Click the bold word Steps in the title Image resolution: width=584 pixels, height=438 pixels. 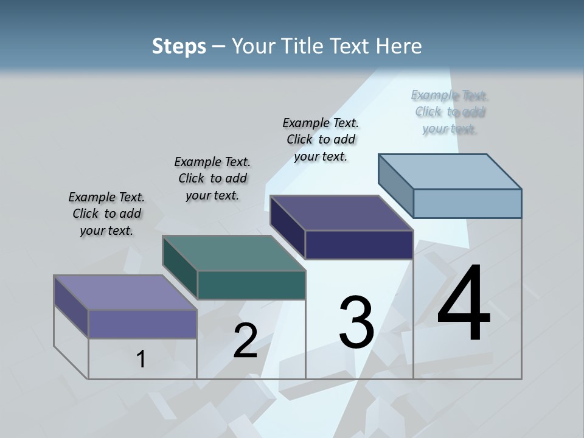click(x=178, y=46)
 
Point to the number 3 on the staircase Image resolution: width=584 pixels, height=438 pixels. click(x=356, y=322)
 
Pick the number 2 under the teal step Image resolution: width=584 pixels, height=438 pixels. click(x=245, y=341)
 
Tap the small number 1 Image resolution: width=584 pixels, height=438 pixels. click(x=141, y=359)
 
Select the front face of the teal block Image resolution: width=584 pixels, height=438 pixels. click(x=251, y=285)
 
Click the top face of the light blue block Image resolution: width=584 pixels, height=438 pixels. click(x=450, y=171)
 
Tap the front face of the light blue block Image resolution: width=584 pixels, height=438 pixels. click(x=467, y=203)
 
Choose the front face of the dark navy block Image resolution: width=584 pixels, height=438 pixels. click(x=359, y=245)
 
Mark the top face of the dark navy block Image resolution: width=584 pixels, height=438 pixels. click(x=342, y=213)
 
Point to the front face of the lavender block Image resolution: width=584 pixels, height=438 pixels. click(x=142, y=324)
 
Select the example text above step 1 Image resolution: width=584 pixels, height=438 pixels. click(x=106, y=214)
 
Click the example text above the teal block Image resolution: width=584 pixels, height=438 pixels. click(x=212, y=178)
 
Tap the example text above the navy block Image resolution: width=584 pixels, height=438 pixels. click(x=321, y=139)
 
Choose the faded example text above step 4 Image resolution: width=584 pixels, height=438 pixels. click(x=450, y=111)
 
